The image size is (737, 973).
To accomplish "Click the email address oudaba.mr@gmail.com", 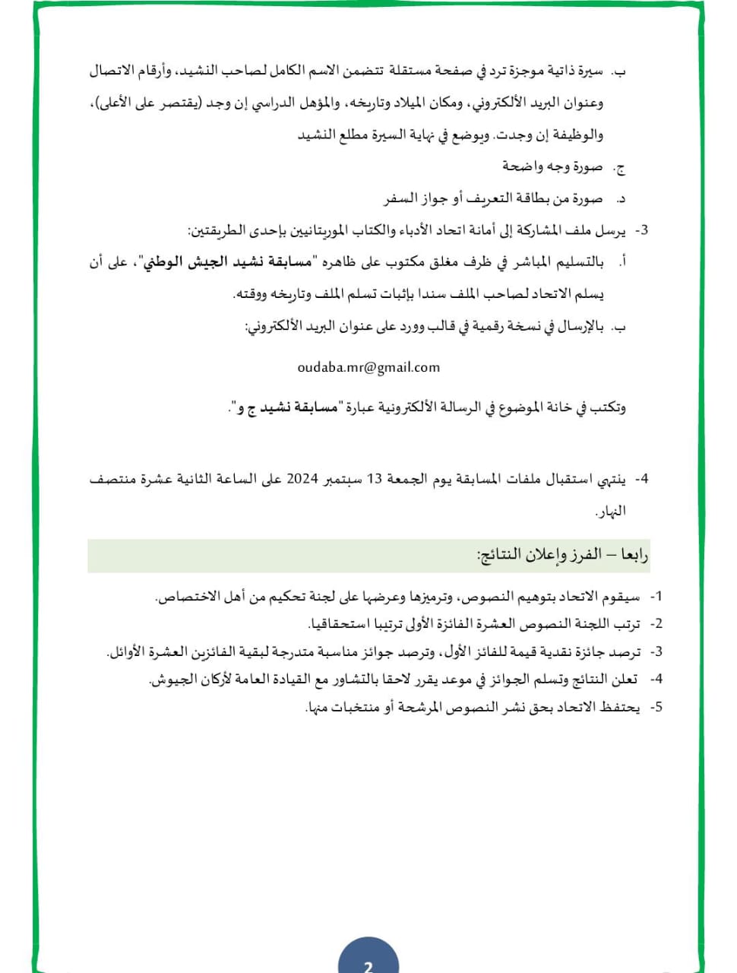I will coord(368,367).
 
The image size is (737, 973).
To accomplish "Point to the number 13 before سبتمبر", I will coord(375,479).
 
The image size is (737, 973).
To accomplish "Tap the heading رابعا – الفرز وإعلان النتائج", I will coord(562,555).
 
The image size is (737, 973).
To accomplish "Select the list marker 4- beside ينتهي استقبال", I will coord(641,479).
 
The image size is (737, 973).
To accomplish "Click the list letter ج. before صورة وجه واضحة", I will coord(620,166).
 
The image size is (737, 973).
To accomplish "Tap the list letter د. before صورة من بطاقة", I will coord(620,199).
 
